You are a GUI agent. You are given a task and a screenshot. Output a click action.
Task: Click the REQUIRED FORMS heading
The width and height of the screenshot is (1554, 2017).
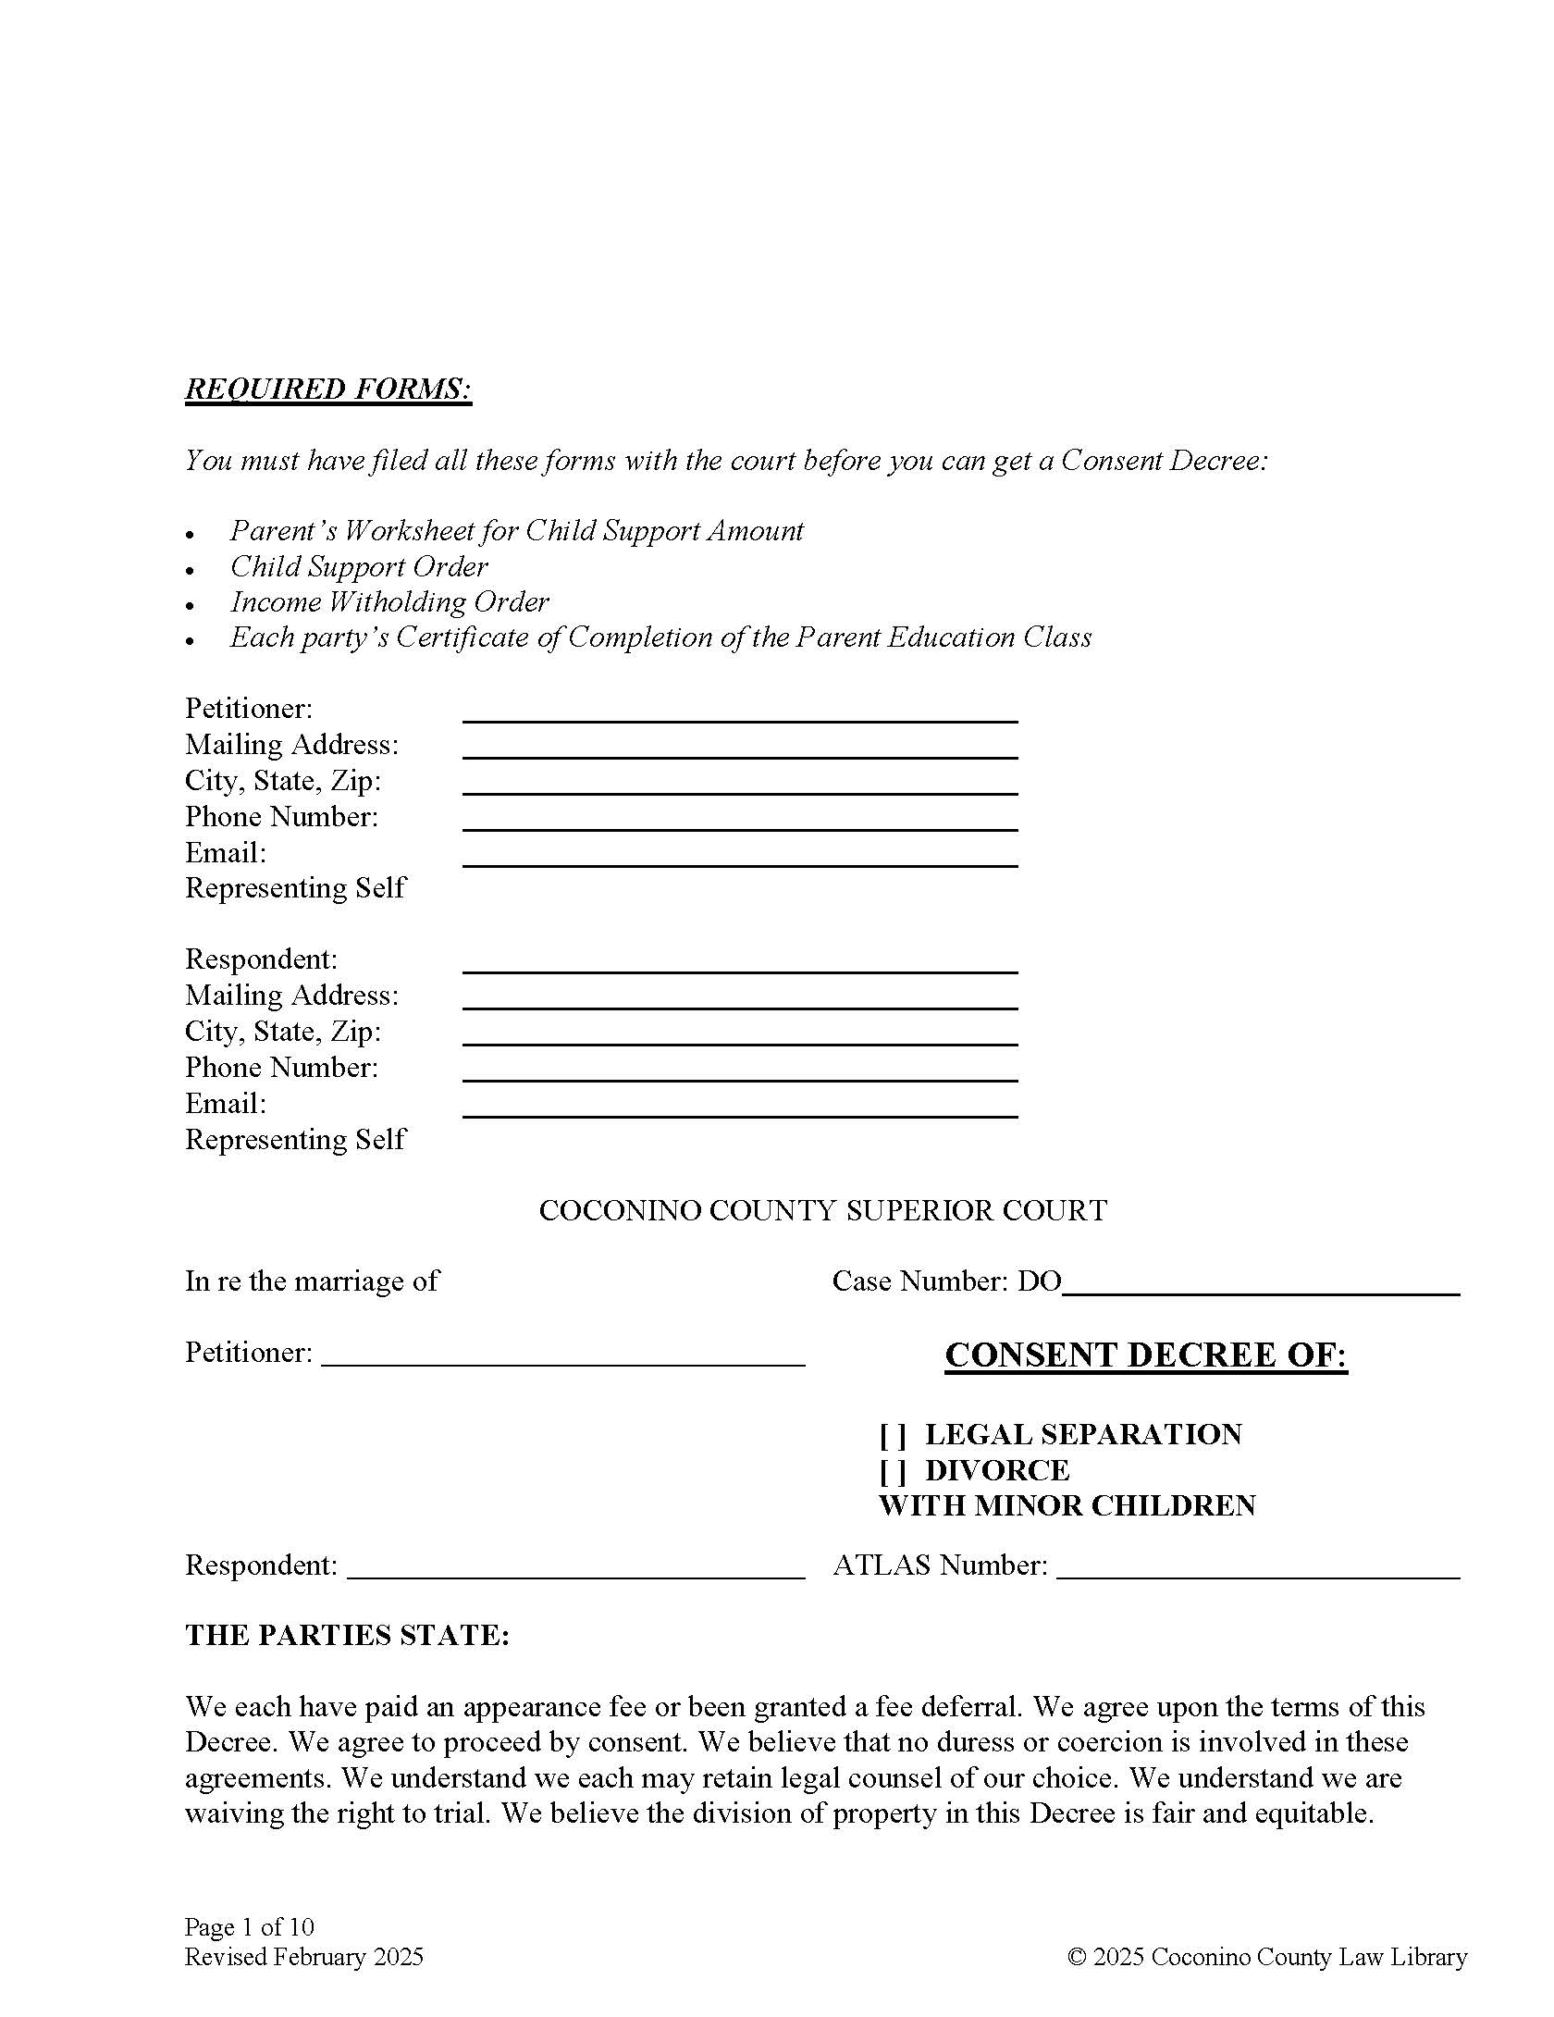328,389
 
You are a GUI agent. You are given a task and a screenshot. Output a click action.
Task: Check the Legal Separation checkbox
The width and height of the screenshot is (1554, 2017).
893,1436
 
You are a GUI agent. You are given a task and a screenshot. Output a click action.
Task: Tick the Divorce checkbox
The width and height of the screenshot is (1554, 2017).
893,1471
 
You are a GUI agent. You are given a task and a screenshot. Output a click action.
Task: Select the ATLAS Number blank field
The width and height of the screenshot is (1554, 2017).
1258,1567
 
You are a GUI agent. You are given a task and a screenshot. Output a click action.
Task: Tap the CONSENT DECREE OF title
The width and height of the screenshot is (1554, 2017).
1146,1355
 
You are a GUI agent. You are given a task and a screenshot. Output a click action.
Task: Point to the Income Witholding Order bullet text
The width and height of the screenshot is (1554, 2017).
389,602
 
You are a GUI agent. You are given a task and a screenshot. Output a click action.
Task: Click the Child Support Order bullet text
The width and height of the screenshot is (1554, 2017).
359,566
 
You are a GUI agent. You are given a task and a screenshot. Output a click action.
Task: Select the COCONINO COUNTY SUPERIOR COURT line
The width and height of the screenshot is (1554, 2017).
822,1211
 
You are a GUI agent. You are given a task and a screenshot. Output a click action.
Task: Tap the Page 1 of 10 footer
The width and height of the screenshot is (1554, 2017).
250,1927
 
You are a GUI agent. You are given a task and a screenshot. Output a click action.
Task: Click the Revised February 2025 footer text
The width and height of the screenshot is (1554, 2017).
304,1957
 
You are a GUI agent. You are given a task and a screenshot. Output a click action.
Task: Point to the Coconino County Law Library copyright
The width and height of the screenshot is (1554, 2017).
1267,1957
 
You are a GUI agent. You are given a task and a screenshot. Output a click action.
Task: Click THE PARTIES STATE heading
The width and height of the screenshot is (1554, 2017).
347,1635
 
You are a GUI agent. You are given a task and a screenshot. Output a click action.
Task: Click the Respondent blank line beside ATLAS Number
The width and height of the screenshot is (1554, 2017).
575,1567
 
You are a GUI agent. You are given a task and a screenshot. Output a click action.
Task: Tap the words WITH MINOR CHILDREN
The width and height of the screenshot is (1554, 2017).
1067,1506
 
